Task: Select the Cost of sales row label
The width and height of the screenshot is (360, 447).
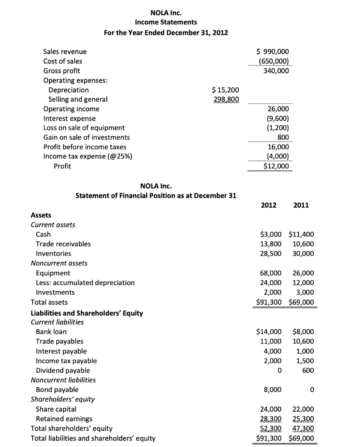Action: (x=62, y=61)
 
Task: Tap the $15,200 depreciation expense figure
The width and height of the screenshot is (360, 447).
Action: (x=225, y=90)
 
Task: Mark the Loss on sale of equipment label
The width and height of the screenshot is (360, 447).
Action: (x=84, y=127)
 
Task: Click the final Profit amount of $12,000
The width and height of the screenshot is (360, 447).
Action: (x=276, y=166)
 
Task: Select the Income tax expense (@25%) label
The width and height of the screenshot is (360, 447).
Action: (x=87, y=156)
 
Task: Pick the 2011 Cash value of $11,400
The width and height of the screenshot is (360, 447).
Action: (x=302, y=234)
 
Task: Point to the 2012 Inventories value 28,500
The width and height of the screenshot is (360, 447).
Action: (x=271, y=254)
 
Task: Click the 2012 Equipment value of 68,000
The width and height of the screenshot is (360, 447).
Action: (x=271, y=273)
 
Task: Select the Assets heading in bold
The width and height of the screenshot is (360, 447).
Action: (x=41, y=215)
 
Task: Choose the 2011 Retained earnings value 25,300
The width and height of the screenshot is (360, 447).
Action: (x=303, y=419)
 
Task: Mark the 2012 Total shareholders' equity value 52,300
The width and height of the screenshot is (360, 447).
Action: (x=271, y=428)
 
